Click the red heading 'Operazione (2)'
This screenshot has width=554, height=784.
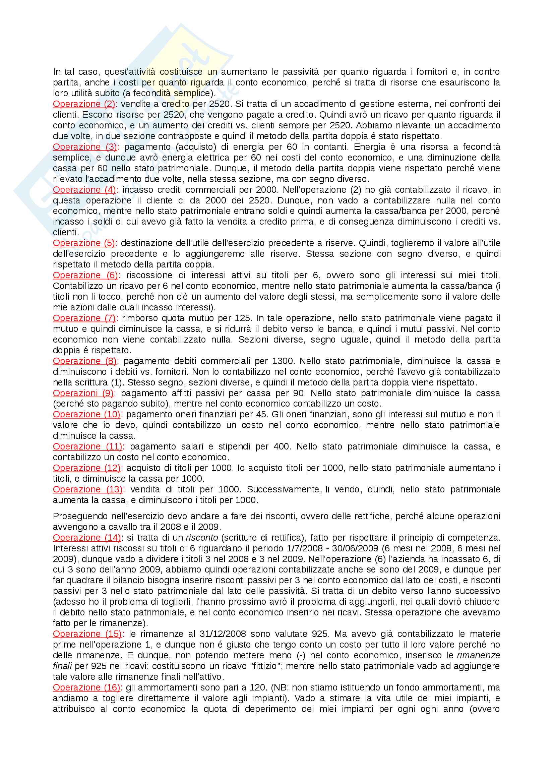(84, 104)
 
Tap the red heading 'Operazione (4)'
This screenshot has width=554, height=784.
(84, 189)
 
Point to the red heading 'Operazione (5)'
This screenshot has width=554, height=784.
(84, 243)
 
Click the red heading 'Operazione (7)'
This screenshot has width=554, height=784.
(84, 318)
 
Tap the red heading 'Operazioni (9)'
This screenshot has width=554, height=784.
(83, 393)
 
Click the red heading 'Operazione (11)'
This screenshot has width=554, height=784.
(88, 446)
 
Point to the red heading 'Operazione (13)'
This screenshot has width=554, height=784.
(88, 489)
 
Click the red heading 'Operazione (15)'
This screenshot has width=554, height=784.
(88, 634)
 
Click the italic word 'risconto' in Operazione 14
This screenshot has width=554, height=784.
(202, 537)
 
